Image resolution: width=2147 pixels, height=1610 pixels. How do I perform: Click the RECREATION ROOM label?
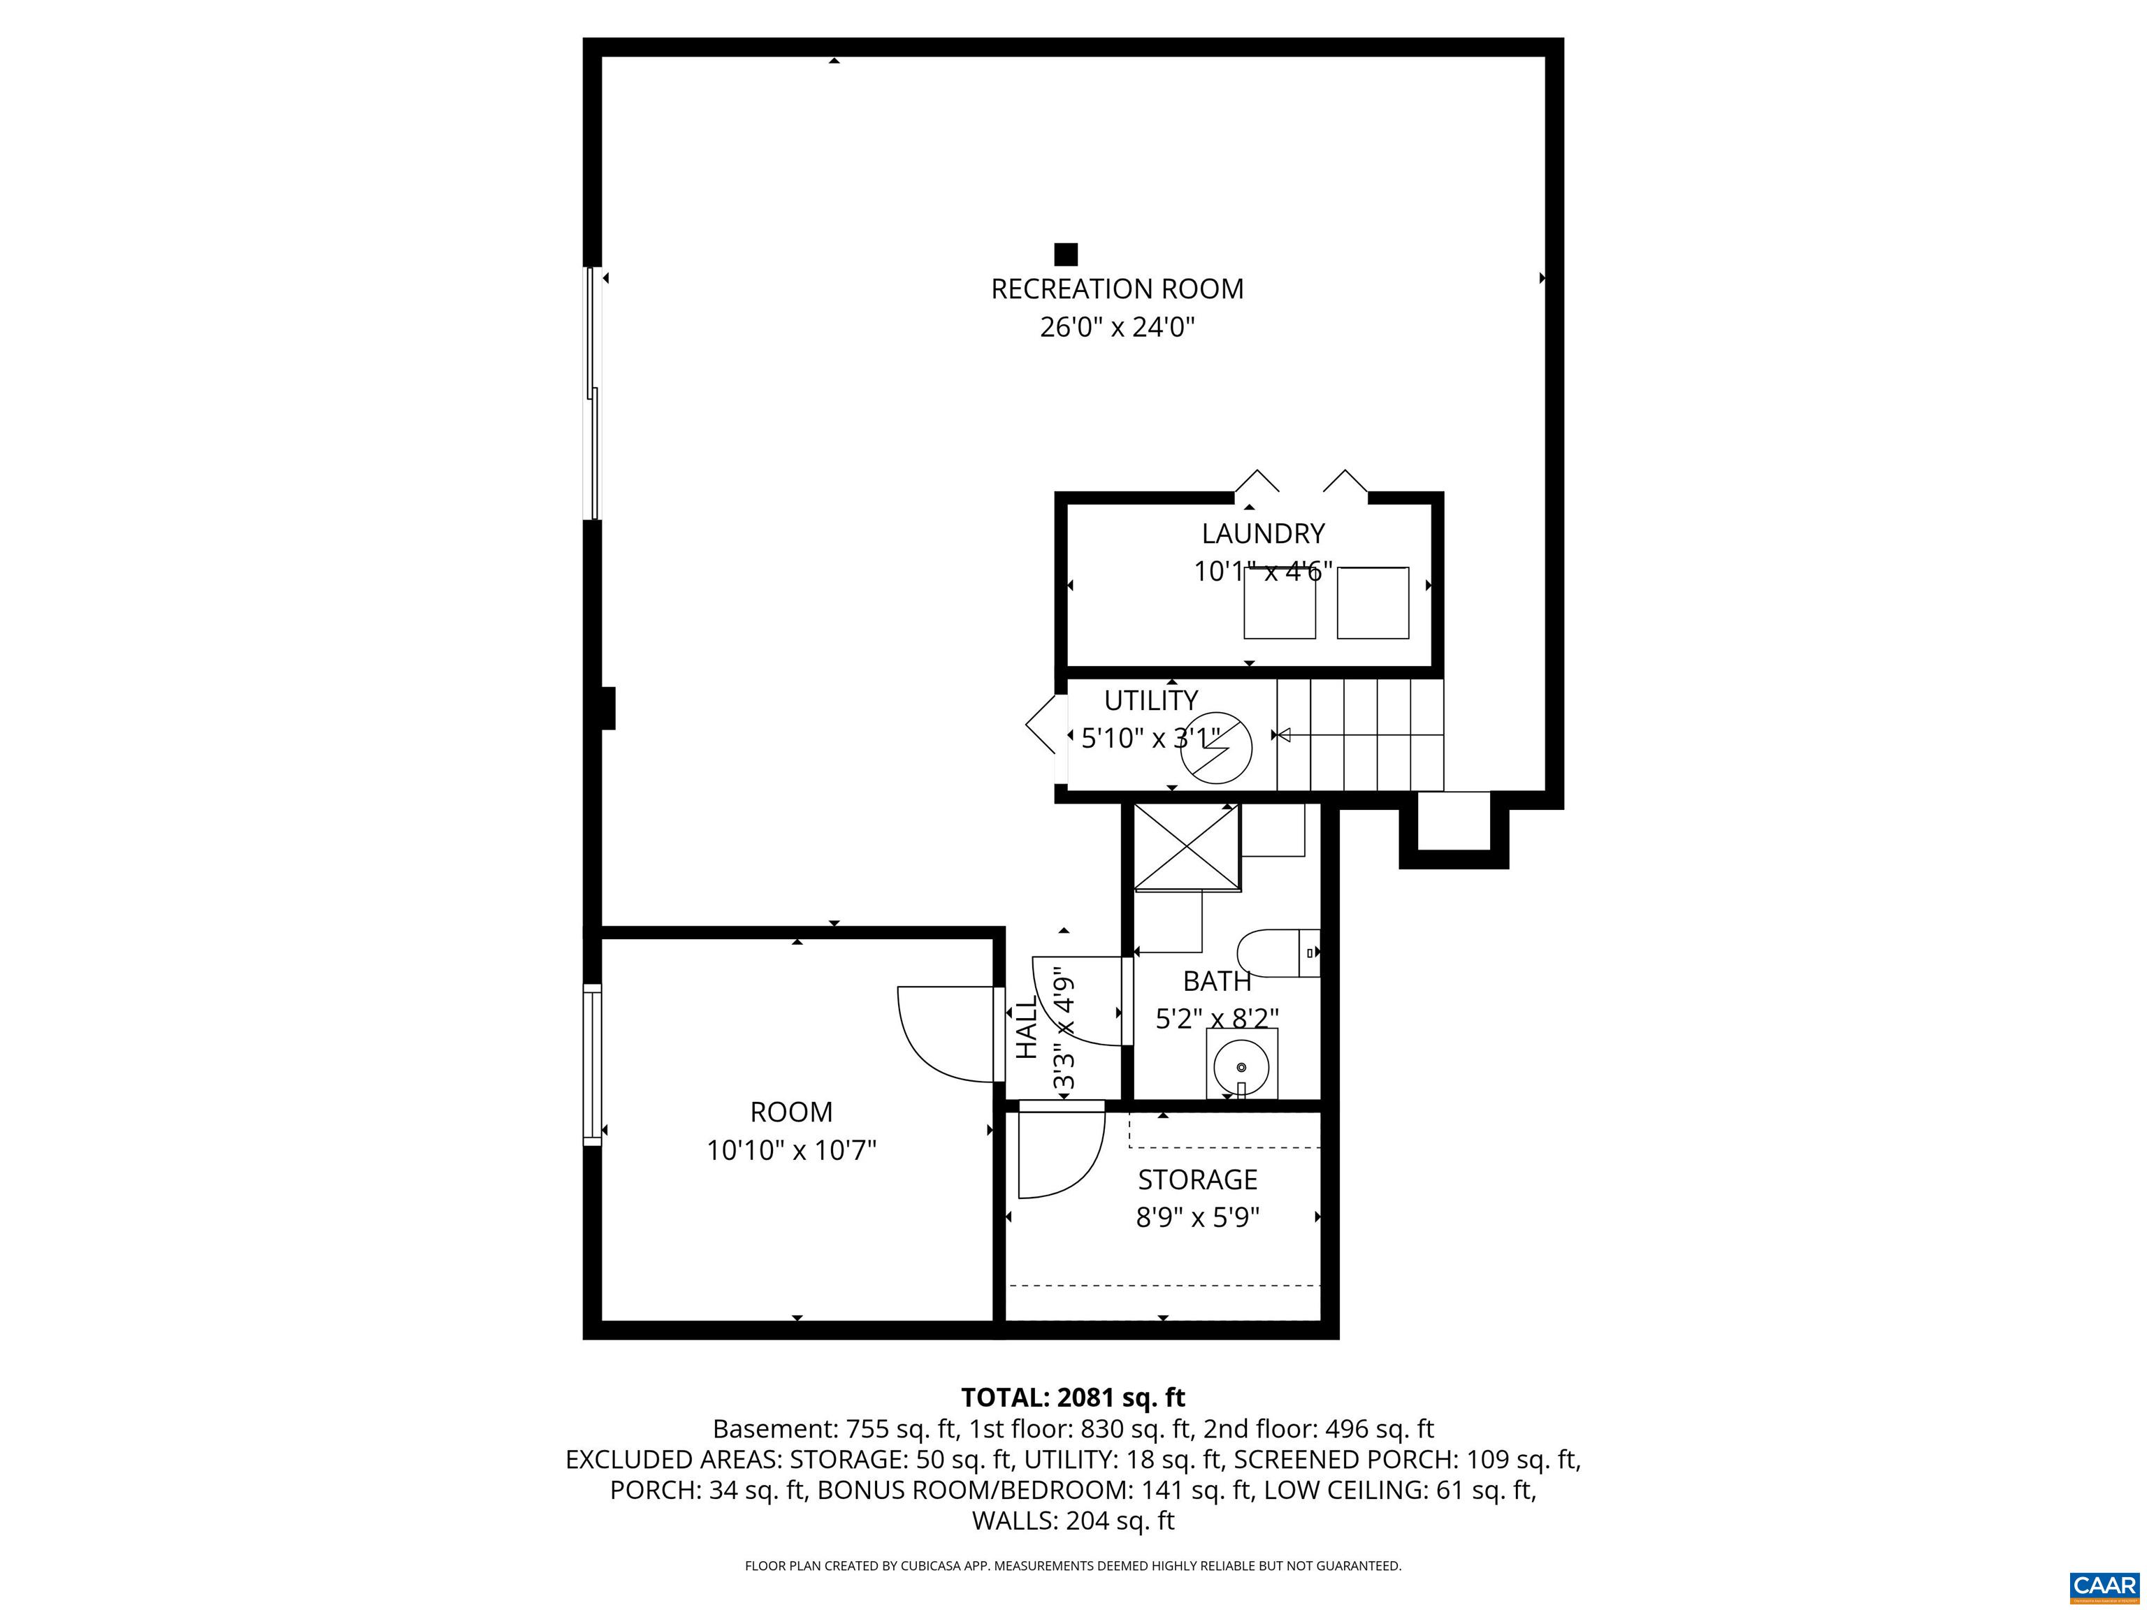1116,289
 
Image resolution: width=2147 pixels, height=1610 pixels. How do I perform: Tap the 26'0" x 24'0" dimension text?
1116,328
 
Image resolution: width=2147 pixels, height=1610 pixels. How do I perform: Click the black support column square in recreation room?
1066,254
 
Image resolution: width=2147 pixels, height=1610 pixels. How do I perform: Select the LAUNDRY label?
1263,534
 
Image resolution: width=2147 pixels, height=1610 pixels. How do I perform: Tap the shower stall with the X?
1187,846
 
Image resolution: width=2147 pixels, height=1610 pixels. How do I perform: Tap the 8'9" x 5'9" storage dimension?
1198,1217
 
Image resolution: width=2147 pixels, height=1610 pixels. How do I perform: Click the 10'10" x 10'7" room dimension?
791,1151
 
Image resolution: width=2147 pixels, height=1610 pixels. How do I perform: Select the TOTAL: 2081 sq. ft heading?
1073,1398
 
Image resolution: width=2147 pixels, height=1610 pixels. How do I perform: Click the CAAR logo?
2104,1586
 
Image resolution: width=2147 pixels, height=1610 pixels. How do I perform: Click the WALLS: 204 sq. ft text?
1073,1521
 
